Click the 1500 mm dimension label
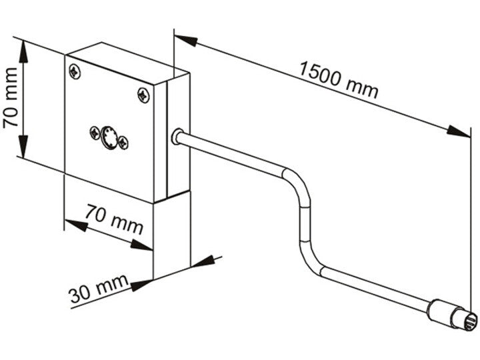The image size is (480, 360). pos(338,79)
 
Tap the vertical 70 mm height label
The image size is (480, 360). pos(10,97)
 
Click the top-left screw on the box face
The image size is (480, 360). pos(75,71)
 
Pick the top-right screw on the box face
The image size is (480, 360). pos(143,95)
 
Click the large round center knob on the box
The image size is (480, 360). pos(109,137)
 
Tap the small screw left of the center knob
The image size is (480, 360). pos(95,133)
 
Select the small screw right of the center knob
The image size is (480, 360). pos(123,143)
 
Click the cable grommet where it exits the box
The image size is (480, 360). pos(177,137)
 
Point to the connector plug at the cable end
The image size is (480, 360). pos(452,316)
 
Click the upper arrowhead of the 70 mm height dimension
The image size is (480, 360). pos(23,52)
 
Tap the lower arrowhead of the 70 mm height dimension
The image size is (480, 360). pos(23,146)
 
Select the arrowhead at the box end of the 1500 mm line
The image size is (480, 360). pos(186,40)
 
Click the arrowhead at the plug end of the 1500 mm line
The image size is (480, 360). pos(458,131)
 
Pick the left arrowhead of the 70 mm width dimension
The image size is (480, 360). pos(76,225)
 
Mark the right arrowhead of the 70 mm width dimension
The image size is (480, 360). pos(141,245)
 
